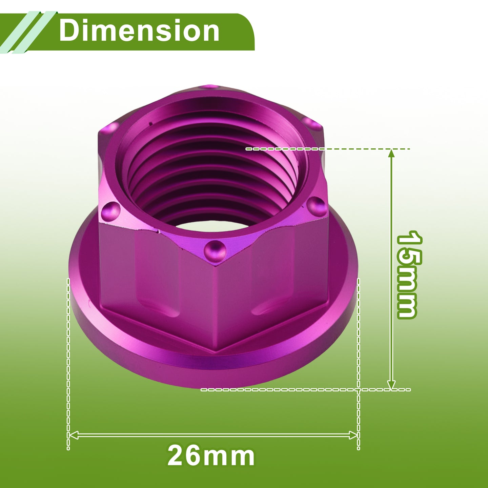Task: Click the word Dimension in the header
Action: click(139, 31)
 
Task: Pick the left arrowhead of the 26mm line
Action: click(74, 435)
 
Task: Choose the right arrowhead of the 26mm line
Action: click(353, 435)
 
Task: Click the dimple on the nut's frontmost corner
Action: click(215, 251)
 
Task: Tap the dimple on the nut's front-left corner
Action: click(111, 211)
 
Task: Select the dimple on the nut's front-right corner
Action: click(316, 206)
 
